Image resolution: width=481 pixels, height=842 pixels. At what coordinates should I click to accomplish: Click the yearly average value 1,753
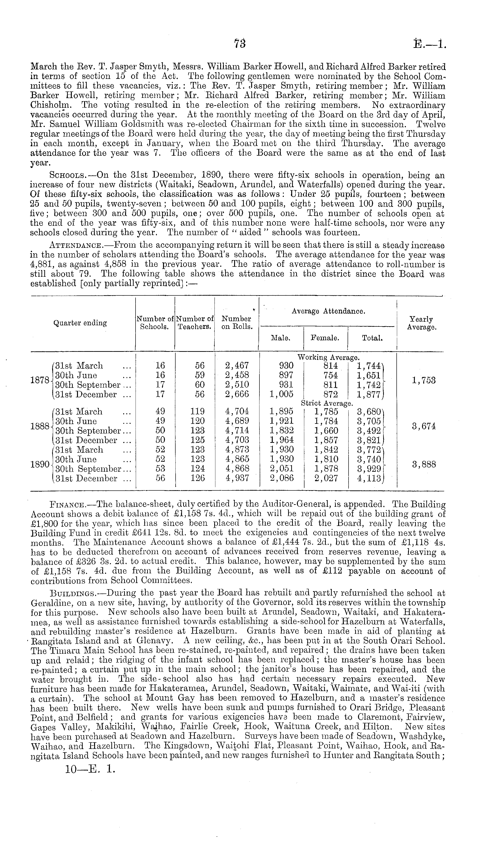pyautogui.click(x=424, y=380)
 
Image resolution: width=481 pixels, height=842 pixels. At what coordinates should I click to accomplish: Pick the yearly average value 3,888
pyautogui.click(x=424, y=464)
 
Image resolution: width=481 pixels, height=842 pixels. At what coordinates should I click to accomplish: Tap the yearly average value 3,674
pyautogui.click(x=424, y=426)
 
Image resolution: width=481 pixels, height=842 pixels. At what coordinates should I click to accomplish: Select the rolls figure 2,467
pyautogui.click(x=236, y=366)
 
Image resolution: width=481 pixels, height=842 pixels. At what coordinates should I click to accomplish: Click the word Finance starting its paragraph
pyautogui.click(x=67, y=505)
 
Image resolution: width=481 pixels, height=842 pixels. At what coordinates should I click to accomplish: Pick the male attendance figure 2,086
pyautogui.click(x=281, y=478)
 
